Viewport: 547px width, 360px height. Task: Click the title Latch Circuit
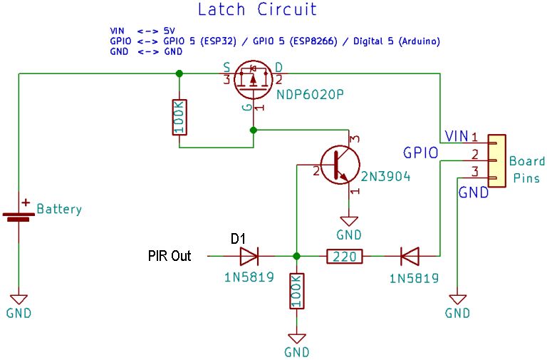(x=256, y=10)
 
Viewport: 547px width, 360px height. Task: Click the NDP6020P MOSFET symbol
(x=254, y=79)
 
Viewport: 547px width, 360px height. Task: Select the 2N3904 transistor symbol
(x=337, y=164)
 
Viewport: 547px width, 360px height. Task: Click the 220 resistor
(x=345, y=255)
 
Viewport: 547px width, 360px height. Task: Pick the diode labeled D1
(x=251, y=255)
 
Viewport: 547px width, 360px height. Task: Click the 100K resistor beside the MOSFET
(x=179, y=117)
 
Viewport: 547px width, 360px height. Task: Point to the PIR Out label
(x=170, y=255)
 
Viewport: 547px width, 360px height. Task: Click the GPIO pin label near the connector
(x=420, y=153)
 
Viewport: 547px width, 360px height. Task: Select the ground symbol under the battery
(x=19, y=301)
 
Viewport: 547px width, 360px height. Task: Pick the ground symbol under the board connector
(x=457, y=301)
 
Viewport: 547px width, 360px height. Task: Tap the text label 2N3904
(x=385, y=177)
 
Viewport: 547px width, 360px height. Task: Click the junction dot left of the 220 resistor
(x=297, y=255)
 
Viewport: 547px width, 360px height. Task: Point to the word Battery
(x=59, y=210)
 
